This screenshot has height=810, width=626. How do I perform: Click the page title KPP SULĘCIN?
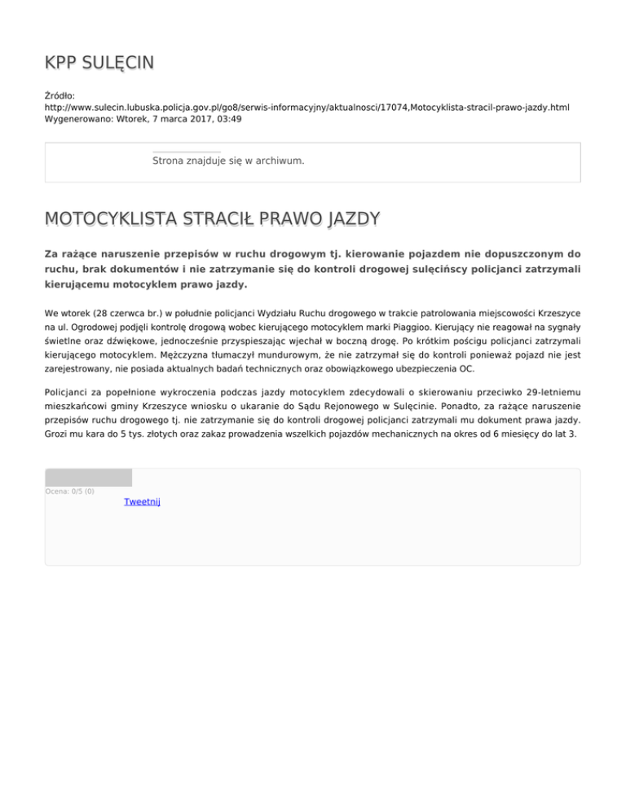tap(99, 63)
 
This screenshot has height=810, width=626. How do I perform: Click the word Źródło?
tap(60, 95)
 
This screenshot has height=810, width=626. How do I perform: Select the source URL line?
tap(306, 107)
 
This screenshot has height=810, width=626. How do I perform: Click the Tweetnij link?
tap(142, 502)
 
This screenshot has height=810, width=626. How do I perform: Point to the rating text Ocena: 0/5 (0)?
tap(69, 491)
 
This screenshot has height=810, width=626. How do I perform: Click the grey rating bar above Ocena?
tap(88, 478)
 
